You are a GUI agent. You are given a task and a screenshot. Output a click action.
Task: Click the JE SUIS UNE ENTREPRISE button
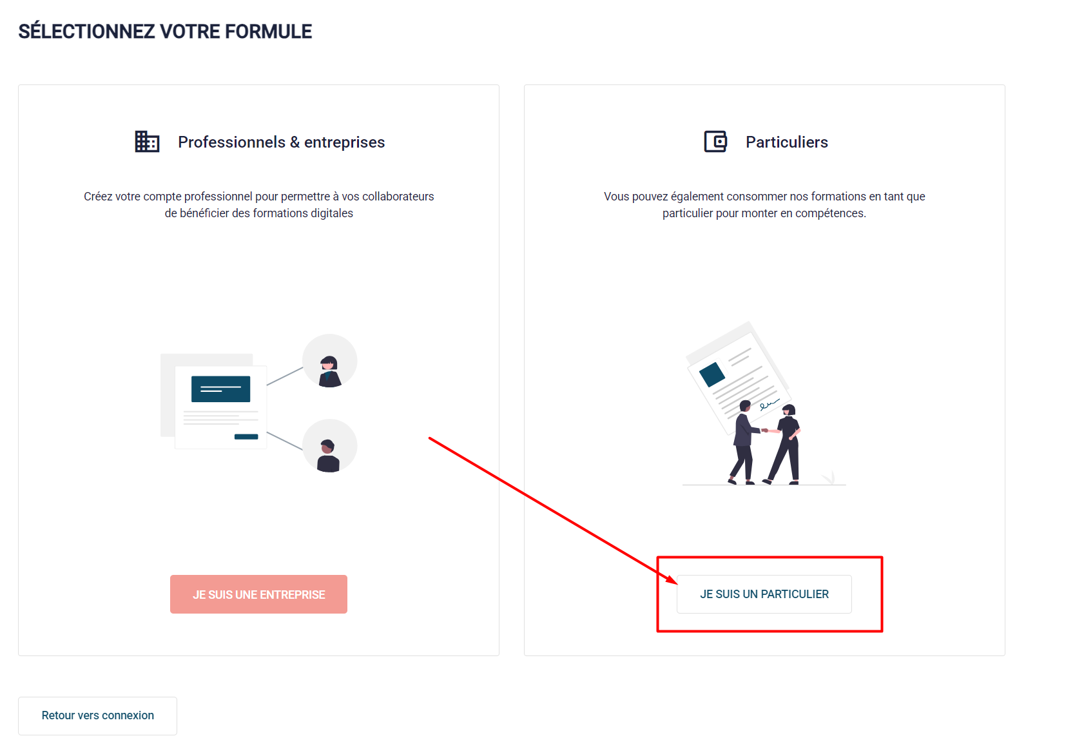tap(258, 594)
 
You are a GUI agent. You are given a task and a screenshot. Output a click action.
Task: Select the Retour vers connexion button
tap(97, 716)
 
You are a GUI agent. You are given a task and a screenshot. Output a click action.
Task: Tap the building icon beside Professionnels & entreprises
tap(147, 142)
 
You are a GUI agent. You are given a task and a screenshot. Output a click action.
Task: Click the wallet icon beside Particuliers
tap(715, 142)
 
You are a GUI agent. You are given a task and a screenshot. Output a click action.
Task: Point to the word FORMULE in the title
tap(268, 32)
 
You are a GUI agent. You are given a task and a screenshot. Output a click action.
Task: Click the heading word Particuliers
tap(786, 142)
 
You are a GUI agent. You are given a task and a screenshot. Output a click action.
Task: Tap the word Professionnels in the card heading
tap(232, 142)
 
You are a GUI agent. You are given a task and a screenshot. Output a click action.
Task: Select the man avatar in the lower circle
tap(328, 456)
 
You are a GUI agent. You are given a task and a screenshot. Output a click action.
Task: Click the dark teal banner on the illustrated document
tap(221, 389)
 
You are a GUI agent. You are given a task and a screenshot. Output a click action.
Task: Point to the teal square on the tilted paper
tap(712, 374)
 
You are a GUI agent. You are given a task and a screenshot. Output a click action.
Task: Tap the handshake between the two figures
tap(766, 430)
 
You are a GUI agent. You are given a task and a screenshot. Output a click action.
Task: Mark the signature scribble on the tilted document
tap(770, 405)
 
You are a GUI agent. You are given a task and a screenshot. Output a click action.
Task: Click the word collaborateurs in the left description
tap(398, 197)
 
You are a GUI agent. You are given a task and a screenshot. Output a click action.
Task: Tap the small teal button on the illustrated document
tap(246, 436)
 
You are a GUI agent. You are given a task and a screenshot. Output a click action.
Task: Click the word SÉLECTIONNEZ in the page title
tap(87, 32)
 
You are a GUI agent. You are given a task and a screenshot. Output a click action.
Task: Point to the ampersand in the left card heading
tap(295, 142)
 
